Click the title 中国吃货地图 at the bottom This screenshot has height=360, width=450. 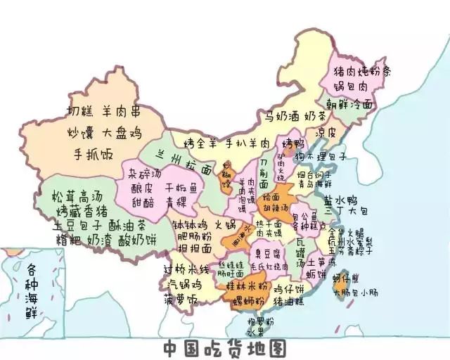click(x=225, y=348)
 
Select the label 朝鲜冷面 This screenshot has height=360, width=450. click(x=349, y=104)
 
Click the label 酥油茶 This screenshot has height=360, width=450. click(x=127, y=225)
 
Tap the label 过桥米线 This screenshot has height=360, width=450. click(x=186, y=270)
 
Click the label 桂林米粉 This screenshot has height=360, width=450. click(x=241, y=288)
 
